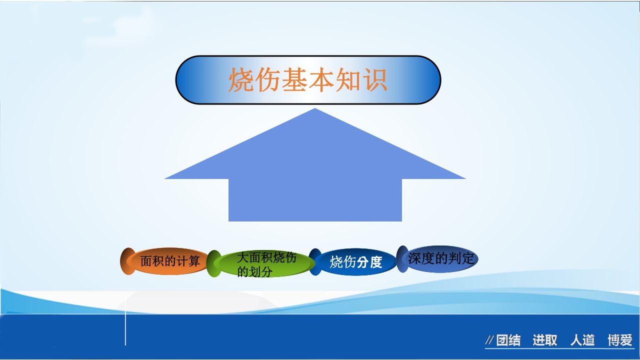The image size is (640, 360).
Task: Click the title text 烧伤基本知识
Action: (307, 80)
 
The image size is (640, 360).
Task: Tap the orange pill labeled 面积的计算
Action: (170, 261)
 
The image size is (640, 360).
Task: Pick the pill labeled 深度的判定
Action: (440, 258)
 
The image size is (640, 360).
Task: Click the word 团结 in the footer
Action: (508, 340)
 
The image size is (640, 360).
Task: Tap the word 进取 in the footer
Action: (545, 340)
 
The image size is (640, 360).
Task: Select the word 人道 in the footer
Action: (582, 340)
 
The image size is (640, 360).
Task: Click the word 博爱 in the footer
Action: (620, 340)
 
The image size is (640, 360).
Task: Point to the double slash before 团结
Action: (490, 341)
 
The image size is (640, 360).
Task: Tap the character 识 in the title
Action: (375, 80)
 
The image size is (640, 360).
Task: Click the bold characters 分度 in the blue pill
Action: (370, 262)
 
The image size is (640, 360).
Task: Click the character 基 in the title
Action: (294, 80)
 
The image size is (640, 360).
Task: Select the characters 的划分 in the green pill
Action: (254, 272)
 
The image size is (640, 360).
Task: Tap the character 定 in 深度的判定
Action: (468, 258)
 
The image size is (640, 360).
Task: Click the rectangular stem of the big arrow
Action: (315, 200)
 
